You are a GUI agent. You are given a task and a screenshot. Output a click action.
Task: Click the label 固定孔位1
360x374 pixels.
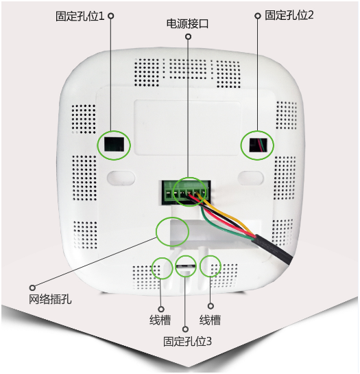point(80,16)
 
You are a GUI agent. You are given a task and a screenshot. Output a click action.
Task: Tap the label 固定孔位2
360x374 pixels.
point(289,15)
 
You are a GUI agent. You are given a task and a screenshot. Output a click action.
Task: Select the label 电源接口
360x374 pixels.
point(187,23)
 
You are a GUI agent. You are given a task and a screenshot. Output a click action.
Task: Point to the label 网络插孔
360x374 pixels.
point(50,299)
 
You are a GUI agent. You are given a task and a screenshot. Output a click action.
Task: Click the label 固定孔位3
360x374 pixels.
point(187,341)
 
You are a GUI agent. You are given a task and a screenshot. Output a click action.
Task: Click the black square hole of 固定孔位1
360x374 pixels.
point(115,145)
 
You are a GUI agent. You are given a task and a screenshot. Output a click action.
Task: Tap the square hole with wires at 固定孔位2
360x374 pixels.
point(258,145)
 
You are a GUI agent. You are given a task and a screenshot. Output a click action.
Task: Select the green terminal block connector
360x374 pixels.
point(186,192)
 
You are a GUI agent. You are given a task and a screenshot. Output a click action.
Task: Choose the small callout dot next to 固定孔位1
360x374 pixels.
point(110,16)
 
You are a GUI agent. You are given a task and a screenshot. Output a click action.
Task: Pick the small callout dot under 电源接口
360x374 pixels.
point(188,36)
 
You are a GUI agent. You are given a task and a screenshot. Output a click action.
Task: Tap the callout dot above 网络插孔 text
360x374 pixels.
point(32,288)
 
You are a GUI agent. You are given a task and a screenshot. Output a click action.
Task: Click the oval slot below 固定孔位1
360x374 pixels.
point(121,178)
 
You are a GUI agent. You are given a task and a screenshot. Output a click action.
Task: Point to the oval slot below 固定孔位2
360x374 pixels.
point(250,178)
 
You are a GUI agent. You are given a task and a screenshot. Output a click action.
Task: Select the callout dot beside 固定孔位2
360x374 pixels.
point(257,16)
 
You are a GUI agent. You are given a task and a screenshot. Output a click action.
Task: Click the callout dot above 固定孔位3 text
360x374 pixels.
point(185,329)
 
